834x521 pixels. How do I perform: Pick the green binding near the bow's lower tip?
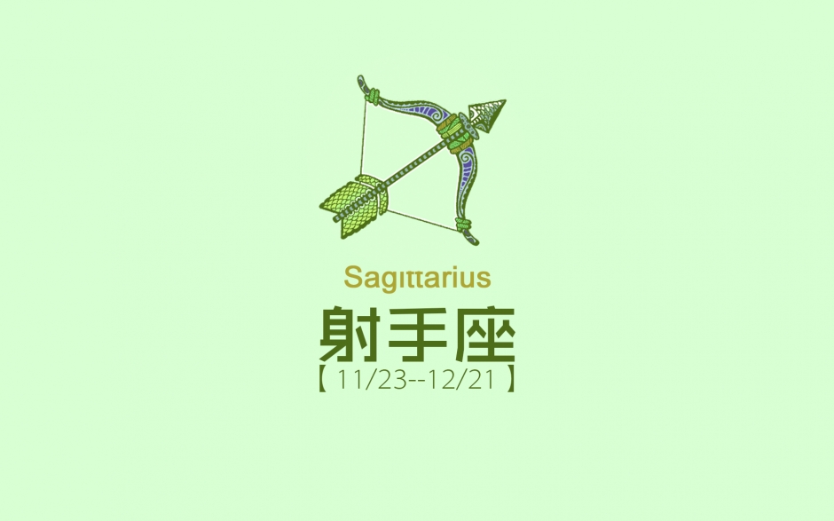point(463,225)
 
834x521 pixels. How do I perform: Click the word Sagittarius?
point(417,278)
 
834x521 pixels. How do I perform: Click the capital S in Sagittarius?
point(351,278)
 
